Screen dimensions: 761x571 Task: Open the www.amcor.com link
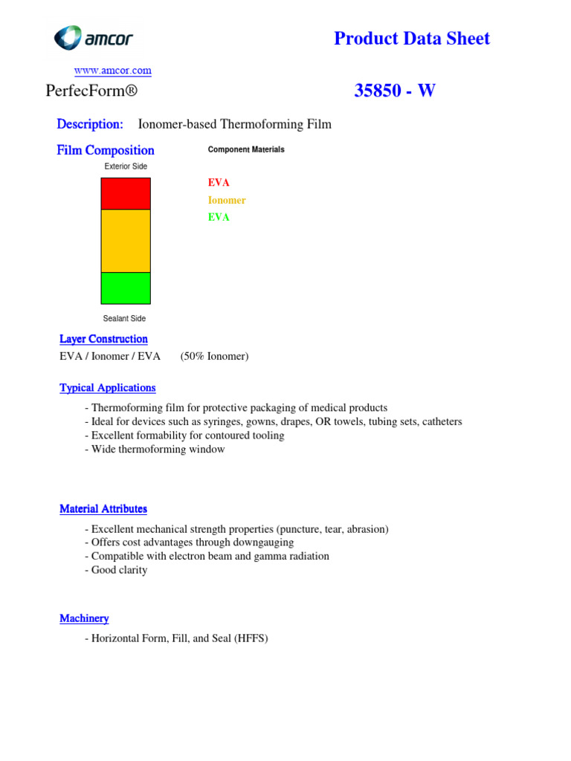[x=112, y=71]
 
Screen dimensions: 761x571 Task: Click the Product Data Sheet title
[x=412, y=39]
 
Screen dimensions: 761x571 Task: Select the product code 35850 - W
[x=395, y=91]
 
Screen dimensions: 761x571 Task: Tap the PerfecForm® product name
[x=92, y=91]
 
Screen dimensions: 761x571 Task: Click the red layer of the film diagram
[x=126, y=194]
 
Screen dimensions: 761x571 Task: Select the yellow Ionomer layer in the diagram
[x=126, y=241]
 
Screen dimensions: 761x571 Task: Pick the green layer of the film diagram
[x=126, y=288]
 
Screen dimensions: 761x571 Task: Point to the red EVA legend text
[x=219, y=183]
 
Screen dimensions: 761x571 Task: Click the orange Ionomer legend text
[x=227, y=200]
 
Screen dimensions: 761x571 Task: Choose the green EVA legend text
[x=219, y=217]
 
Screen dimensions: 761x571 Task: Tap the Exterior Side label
[x=126, y=166]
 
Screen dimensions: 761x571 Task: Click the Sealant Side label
[x=124, y=319]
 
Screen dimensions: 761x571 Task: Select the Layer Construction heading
[x=103, y=339]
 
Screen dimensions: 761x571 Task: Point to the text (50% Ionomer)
[x=214, y=356]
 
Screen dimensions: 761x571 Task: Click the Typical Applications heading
[x=107, y=388]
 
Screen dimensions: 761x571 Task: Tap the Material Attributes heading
[x=103, y=509]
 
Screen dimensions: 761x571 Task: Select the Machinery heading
[x=84, y=618]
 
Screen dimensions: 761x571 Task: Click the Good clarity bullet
[x=119, y=570]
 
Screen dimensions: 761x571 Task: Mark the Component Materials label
[x=246, y=149]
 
